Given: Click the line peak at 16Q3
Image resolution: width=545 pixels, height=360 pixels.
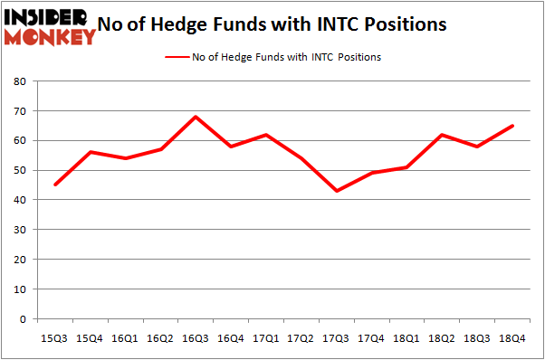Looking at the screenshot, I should tap(195, 117).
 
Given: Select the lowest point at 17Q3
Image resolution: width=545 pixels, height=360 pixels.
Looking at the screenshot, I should tap(336, 191).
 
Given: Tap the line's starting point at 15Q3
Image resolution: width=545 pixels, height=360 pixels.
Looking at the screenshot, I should tap(54, 185).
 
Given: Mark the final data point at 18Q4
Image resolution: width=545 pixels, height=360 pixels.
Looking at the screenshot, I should tap(512, 126).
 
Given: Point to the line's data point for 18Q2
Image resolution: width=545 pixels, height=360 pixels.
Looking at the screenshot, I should tap(442, 135).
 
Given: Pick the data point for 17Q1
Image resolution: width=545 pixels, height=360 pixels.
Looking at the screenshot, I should tap(265, 135).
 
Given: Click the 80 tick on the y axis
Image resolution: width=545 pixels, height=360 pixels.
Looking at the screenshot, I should tap(18, 81).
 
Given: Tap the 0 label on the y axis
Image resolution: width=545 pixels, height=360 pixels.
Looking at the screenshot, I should tap(22, 319).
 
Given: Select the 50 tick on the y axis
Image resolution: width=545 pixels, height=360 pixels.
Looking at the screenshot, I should tap(18, 171).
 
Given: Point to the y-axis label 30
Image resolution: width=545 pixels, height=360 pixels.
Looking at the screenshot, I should tap(18, 230).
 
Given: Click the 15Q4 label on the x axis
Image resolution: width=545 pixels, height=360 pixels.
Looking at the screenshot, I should tap(90, 338).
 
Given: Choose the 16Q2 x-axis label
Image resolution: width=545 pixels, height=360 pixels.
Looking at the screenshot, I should tap(160, 338).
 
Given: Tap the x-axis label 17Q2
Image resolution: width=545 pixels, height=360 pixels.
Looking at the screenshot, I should tap(301, 338).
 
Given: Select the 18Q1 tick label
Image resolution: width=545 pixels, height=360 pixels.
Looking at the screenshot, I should tap(406, 338).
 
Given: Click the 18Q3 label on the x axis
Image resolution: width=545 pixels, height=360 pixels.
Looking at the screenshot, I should tap(477, 338).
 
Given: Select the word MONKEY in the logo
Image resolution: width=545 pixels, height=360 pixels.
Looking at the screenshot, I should tap(51, 36).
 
